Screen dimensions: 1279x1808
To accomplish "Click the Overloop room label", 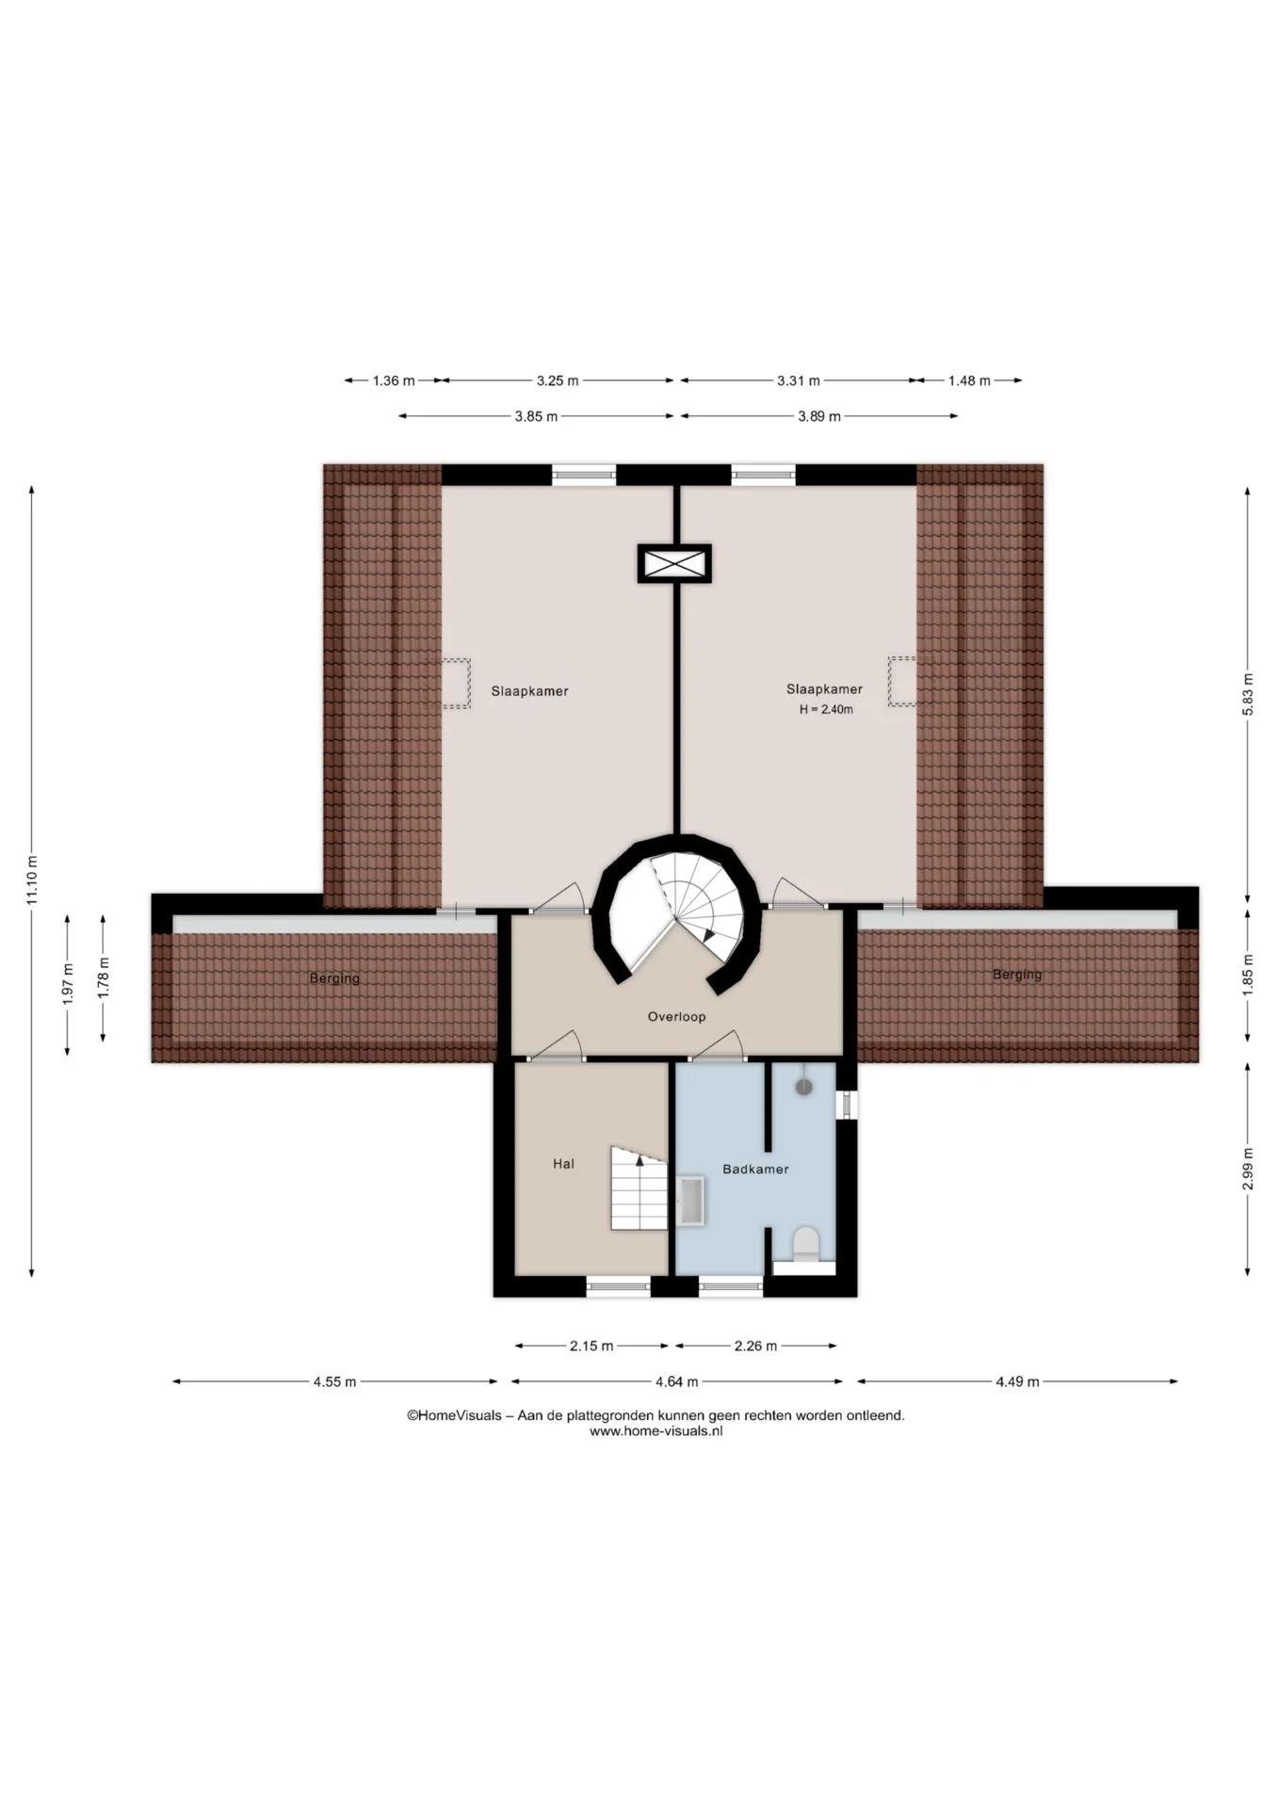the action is click(676, 1017).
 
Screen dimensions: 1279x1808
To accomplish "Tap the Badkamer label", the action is click(755, 1170).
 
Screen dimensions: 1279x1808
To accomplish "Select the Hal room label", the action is click(563, 1164).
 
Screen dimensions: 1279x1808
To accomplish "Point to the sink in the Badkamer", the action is click(691, 1201).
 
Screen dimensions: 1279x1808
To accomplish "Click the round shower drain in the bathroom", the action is click(803, 1087).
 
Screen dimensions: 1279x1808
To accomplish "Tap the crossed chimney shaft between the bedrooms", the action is click(674, 564).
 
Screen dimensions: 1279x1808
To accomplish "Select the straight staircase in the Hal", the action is click(639, 1187).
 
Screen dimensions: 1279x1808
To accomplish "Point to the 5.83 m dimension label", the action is click(1248, 695).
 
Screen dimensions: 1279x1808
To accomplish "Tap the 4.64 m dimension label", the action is click(677, 1382).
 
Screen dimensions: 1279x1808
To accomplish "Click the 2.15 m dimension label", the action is click(591, 1347).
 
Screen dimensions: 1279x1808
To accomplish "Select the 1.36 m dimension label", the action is click(394, 381).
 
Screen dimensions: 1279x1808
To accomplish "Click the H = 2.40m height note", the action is click(826, 710).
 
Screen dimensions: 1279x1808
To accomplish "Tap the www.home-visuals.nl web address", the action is click(656, 1431).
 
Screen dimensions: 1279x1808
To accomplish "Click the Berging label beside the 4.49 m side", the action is click(1017, 975).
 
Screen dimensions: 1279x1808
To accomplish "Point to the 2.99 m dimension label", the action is click(1248, 1170).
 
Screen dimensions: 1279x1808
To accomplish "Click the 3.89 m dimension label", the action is click(819, 416).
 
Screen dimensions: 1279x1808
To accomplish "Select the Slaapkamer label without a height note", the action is click(529, 691).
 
